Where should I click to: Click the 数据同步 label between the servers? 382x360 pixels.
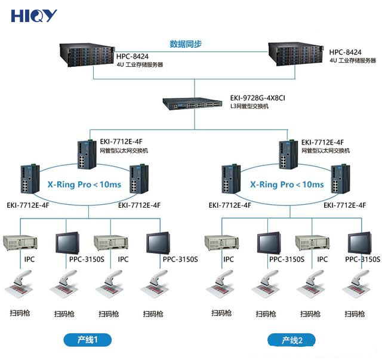186,44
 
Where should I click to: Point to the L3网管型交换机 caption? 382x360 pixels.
249,106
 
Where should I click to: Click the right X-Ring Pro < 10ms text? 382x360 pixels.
287,184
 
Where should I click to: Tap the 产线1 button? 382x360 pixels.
87,340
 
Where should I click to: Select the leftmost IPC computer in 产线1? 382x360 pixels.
20,242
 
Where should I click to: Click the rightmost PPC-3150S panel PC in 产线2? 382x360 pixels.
362,242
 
